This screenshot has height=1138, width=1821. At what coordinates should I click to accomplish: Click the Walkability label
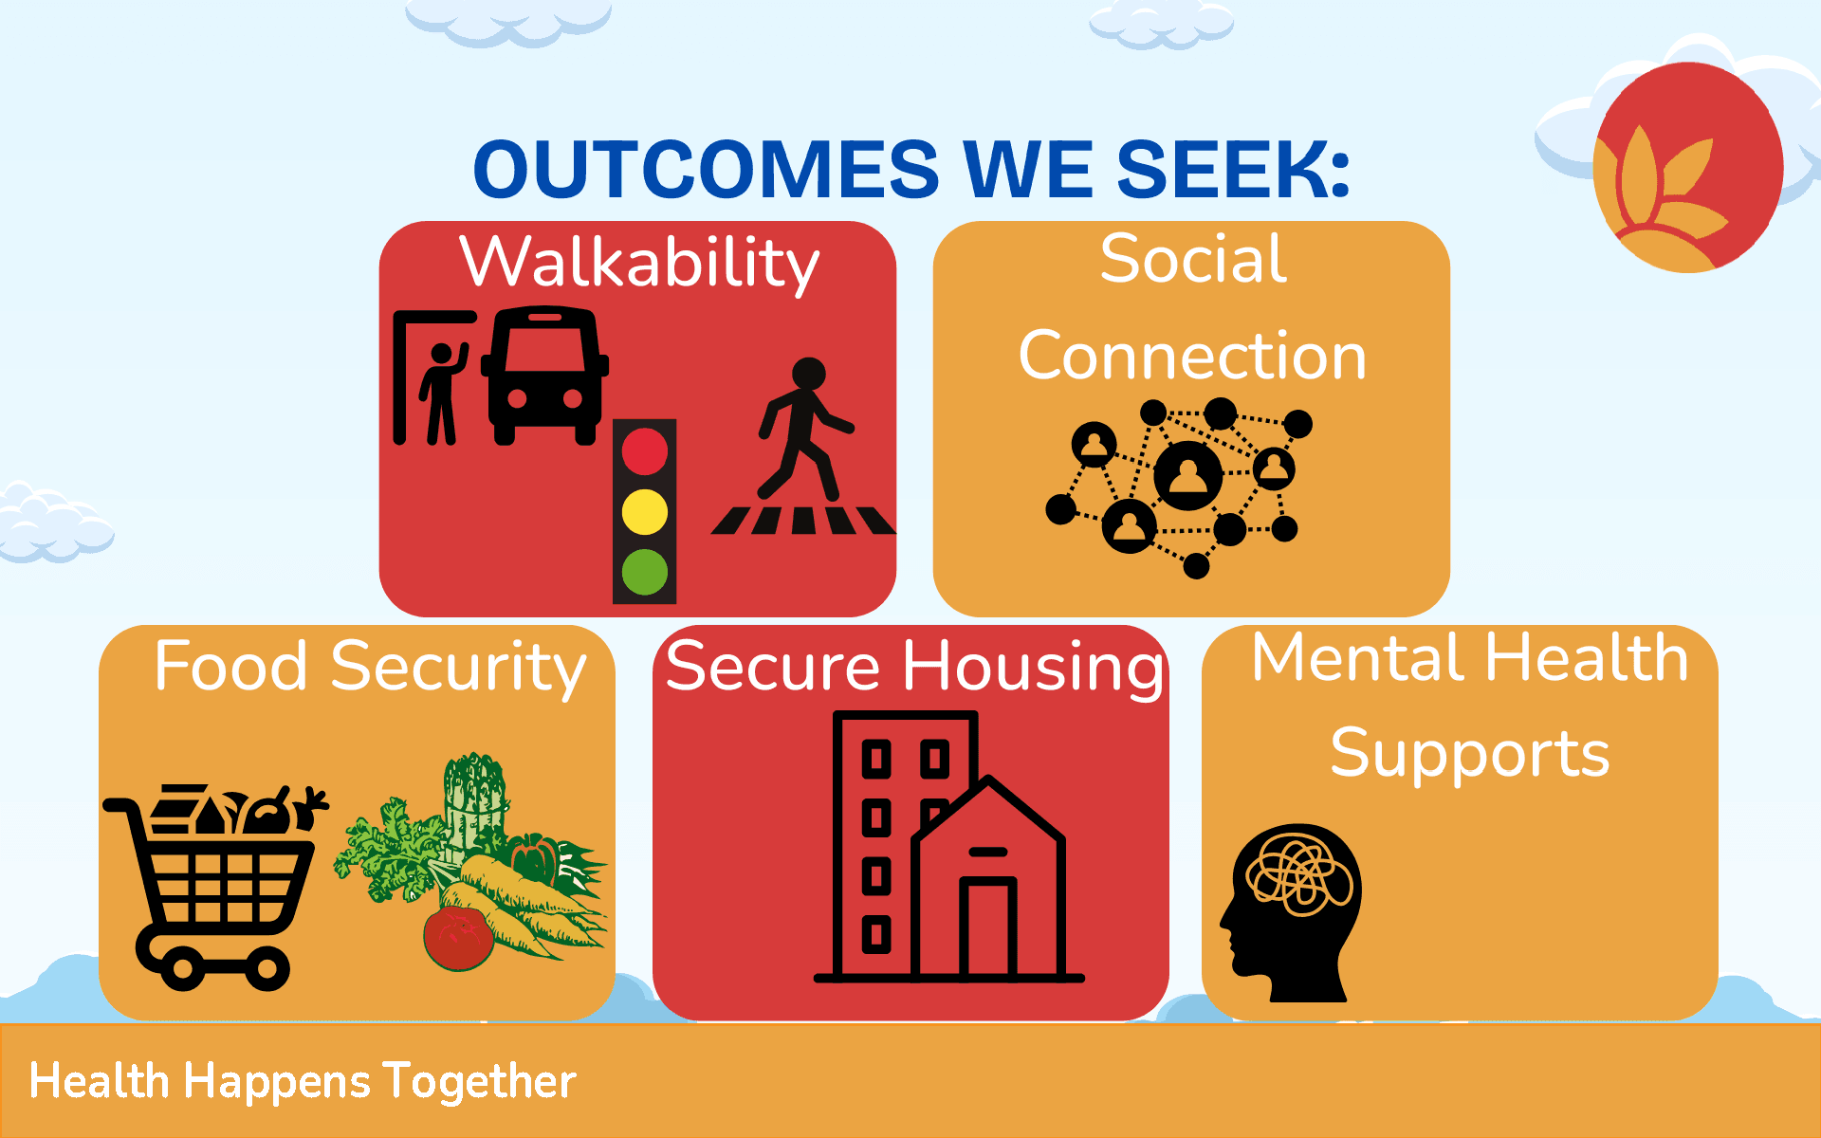coord(639,263)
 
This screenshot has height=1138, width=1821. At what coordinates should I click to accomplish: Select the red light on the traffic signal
coord(645,451)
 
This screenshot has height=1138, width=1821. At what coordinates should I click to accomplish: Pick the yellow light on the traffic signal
coord(645,512)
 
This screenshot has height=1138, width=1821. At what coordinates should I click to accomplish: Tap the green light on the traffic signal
coord(645,573)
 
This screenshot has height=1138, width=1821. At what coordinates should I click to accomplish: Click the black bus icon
coord(544,375)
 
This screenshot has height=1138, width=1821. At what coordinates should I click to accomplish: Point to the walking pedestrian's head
coord(809,374)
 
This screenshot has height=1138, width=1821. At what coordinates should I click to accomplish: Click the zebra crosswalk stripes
coord(803,520)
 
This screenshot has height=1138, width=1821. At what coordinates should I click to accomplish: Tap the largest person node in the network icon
coord(1188,472)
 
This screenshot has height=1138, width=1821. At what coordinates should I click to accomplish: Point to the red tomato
coord(458,938)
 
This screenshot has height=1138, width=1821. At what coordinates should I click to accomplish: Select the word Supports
coord(1470,755)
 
